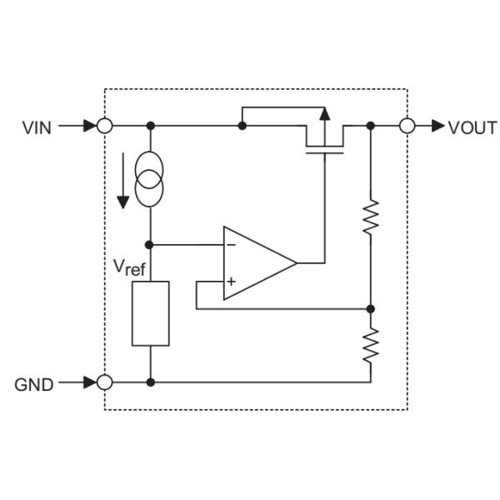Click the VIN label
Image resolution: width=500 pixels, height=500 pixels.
coord(37,127)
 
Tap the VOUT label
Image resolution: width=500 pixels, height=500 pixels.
coord(472,127)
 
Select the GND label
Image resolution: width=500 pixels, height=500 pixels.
coord(34,385)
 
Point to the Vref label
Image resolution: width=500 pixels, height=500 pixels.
coord(130,268)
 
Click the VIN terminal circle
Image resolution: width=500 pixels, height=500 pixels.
coord(105,127)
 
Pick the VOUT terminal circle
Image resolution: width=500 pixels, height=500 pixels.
coord(407,127)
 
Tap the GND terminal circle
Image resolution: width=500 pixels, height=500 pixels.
coord(105,382)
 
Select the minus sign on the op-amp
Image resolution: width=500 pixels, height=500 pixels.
coord(230,245)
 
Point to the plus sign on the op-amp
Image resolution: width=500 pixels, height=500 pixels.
coord(230,282)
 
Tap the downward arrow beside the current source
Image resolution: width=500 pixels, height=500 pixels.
coord(123,179)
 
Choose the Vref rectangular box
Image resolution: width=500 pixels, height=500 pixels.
coord(150,312)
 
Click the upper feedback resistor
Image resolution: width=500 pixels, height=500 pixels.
coord(371,217)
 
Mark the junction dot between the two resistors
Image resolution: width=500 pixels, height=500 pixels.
coord(371,308)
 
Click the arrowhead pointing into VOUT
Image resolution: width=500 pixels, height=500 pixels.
coord(437,127)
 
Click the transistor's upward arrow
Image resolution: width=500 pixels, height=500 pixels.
coord(325,115)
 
